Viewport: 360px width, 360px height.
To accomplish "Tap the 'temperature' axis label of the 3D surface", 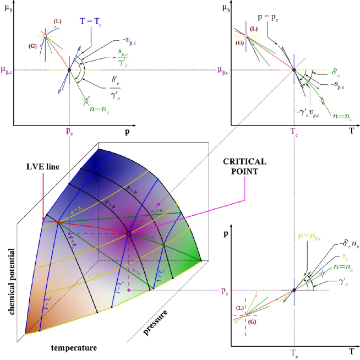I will tap(74, 348).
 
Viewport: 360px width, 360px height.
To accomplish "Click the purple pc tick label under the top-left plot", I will tap(69, 133).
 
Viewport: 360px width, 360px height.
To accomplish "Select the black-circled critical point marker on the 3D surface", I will tap(129, 234).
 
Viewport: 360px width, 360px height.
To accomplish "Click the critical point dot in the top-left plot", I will tap(69, 70).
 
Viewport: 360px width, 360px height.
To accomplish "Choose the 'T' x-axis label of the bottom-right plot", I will tap(351, 350).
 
